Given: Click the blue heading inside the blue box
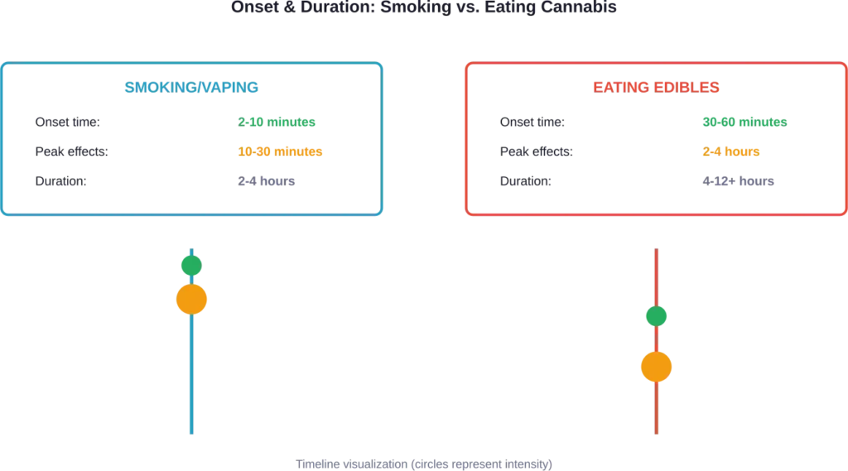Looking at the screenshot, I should pos(190,86).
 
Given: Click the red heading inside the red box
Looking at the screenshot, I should pos(655,86).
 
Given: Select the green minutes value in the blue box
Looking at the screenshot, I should pos(277,123).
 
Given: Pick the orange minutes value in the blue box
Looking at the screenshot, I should pos(277,152).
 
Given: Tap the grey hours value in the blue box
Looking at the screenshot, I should pos(265,182).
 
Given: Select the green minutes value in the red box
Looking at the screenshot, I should pos(744,123).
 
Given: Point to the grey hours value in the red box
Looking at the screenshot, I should pos(738,182).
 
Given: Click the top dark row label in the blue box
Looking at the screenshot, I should pos(69,123).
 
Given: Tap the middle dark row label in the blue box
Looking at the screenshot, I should pos(72,152).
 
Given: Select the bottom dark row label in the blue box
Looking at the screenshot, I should pos(60,182).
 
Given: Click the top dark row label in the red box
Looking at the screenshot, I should pos(533,123).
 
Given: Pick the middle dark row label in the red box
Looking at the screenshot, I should pos(537,152).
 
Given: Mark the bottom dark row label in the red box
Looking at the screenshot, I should pos(526,182).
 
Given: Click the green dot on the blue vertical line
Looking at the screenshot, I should pos(191,265).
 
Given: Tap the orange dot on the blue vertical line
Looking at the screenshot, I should pos(191,300).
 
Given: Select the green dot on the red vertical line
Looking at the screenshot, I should pos(656,316).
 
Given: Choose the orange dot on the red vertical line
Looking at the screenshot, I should pos(656,367).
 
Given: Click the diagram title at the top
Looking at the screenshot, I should pos(423,7).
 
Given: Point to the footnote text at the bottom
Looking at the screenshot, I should pos(424,463).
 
